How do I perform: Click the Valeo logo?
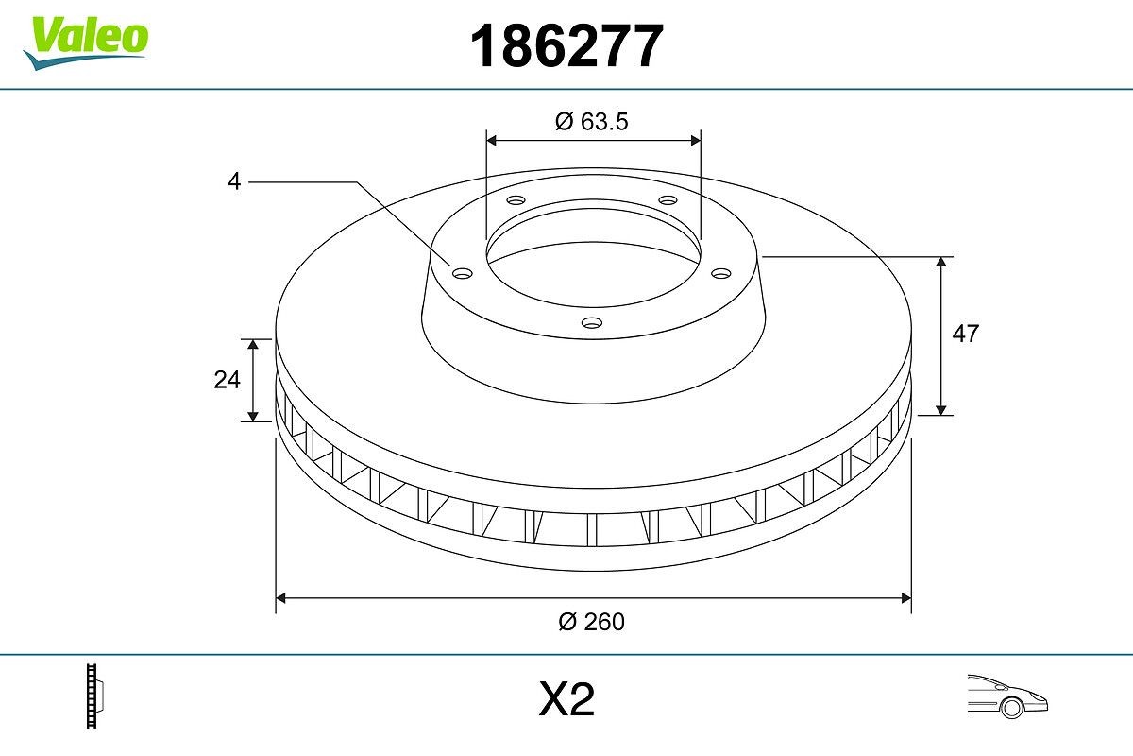pyautogui.click(x=86, y=41)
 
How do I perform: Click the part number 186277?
pyautogui.click(x=566, y=46)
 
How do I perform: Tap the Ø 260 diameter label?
pyautogui.click(x=592, y=621)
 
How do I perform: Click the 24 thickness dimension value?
pyautogui.click(x=227, y=380)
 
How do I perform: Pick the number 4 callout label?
pyautogui.click(x=234, y=181)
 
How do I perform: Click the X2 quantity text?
pyautogui.click(x=566, y=700)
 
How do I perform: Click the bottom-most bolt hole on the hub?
pyautogui.click(x=592, y=323)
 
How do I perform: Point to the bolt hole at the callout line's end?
pyautogui.click(x=462, y=273)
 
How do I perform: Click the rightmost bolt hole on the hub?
pyautogui.click(x=721, y=273)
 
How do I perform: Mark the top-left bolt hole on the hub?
pyautogui.click(x=516, y=200)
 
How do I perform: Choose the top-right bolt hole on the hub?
pyautogui.click(x=668, y=200)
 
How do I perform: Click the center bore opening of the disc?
pyautogui.click(x=593, y=255)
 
